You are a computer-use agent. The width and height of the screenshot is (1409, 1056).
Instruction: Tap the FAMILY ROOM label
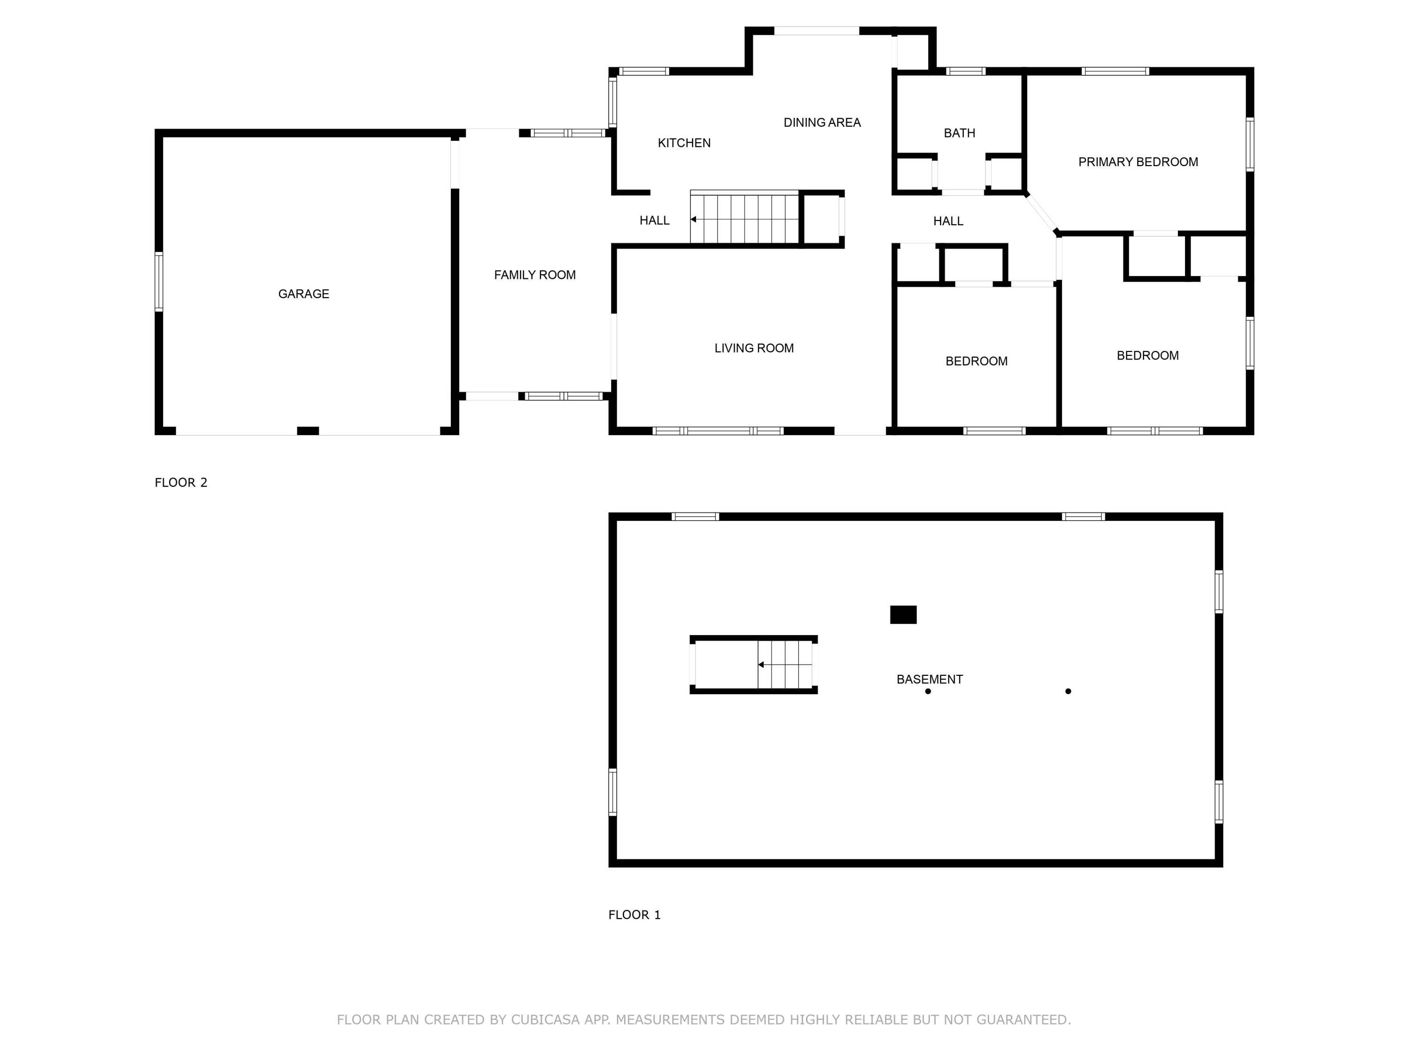tap(534, 275)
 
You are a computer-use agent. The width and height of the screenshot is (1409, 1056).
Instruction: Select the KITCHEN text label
tap(684, 143)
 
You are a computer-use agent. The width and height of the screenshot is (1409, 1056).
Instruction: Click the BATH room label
tap(959, 133)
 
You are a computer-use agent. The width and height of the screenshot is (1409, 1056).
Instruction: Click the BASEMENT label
tap(929, 679)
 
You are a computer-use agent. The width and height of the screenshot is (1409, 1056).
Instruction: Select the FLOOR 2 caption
tap(181, 482)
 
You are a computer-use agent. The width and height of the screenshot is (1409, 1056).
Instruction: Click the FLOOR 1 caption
tap(635, 915)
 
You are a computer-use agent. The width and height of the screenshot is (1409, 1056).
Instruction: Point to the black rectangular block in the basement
tap(903, 615)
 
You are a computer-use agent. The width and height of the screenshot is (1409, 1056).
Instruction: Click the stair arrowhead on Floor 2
tap(693, 220)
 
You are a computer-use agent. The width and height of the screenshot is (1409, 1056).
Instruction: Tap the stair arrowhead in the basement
tap(760, 665)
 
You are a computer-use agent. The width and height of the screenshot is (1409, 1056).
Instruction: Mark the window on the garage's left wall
tap(159, 282)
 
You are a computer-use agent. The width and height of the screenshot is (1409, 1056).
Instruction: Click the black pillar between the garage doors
tap(308, 431)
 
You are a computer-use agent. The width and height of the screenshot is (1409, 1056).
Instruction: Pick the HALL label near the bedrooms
tap(948, 222)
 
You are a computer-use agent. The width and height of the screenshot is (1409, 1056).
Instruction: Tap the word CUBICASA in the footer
tap(545, 1020)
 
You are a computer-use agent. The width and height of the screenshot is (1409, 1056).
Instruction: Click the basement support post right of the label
tap(1068, 691)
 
